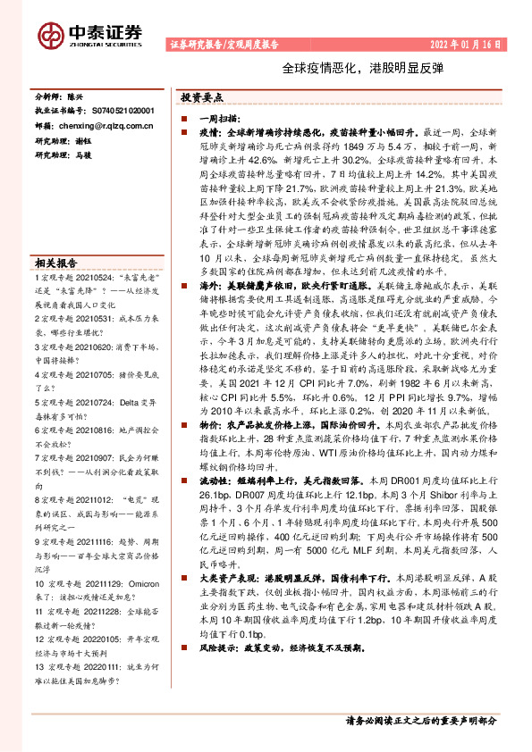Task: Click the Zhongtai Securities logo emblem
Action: coord(53,34)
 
